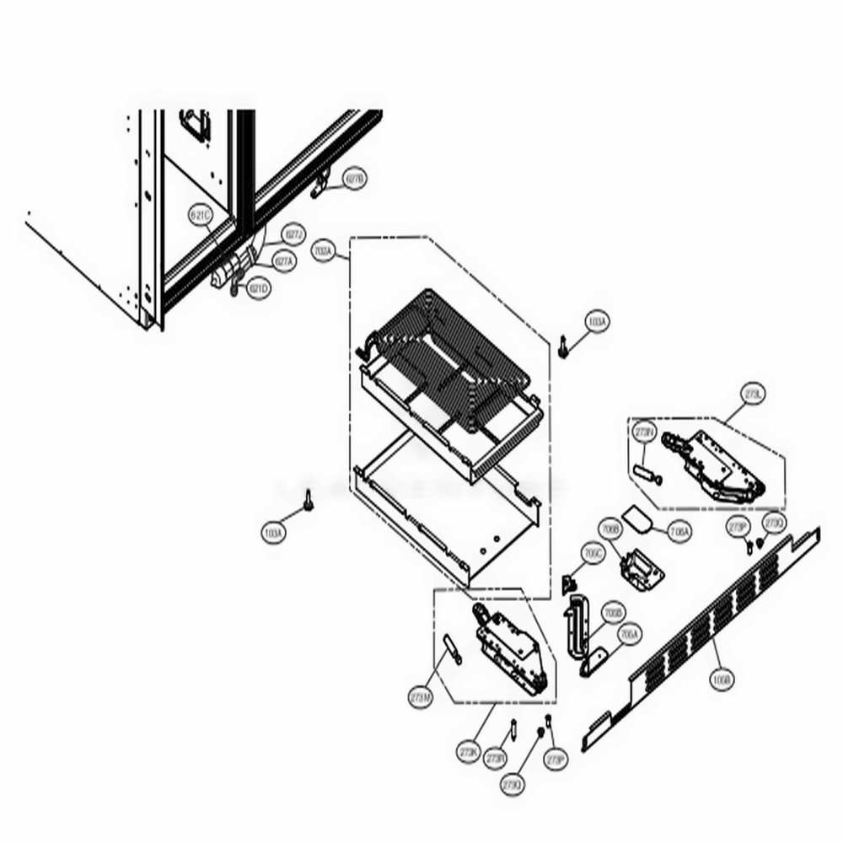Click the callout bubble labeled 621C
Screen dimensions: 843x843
point(201,217)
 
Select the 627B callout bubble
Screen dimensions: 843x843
point(355,179)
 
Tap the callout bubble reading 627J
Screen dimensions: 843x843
point(293,234)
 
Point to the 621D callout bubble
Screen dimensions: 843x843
point(259,289)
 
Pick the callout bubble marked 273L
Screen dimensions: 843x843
point(753,395)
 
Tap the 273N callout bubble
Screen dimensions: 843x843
point(644,432)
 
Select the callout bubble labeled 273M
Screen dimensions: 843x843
point(420,698)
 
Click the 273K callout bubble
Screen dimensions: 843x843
point(469,752)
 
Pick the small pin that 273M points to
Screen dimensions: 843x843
point(450,648)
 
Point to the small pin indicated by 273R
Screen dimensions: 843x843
point(513,727)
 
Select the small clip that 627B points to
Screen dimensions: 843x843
point(320,189)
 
